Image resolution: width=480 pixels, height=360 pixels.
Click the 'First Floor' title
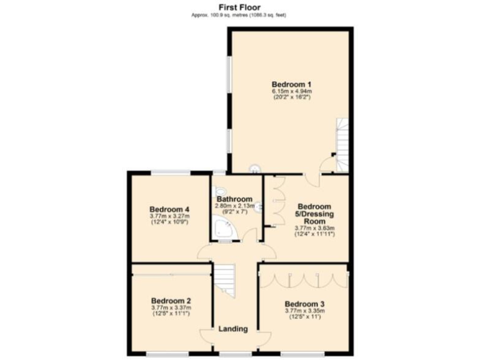[239, 7]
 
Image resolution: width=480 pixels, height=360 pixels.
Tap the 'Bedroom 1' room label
[291, 84]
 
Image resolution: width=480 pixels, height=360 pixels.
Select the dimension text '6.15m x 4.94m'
[291, 91]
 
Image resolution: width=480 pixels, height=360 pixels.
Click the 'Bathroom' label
[234, 199]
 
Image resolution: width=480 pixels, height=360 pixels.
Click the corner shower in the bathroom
[222, 230]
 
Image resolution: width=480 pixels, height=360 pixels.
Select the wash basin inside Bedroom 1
[255, 168]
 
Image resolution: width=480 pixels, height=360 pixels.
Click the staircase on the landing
[226, 280]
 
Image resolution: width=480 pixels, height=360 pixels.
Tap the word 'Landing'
[232, 329]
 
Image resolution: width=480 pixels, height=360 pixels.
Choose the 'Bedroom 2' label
[171, 300]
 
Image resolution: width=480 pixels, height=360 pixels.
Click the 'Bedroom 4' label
[169, 209]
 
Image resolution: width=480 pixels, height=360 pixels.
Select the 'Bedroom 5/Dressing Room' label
[314, 213]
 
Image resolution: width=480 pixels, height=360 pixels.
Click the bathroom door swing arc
[249, 235]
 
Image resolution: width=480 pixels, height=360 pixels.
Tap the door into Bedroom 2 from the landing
[206, 335]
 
